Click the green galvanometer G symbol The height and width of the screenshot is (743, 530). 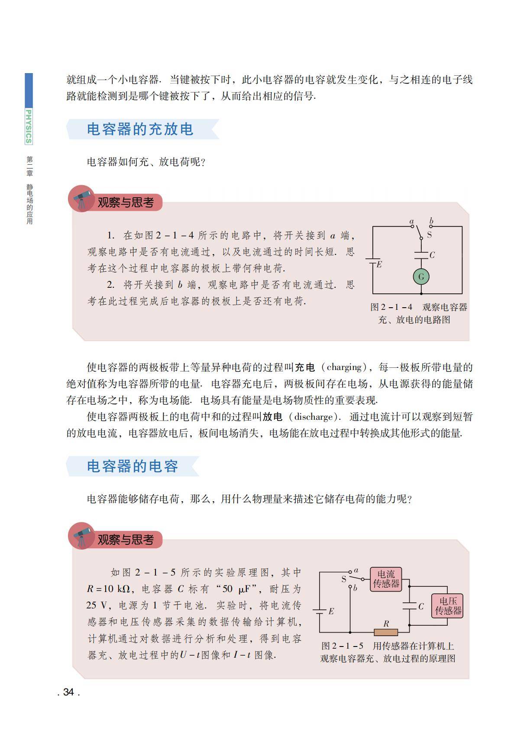[421, 277]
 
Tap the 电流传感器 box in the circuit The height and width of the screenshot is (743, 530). [386, 579]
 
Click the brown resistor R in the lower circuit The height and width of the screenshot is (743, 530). [385, 632]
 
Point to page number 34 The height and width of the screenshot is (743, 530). [68, 692]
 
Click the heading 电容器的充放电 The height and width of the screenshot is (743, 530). [140, 129]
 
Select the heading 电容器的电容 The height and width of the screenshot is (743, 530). [132, 466]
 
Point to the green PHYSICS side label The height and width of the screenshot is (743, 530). [29, 126]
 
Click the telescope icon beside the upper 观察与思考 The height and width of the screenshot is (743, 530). [82, 199]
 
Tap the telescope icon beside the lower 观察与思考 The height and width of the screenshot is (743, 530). [82, 536]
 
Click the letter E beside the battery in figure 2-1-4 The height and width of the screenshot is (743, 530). [379, 264]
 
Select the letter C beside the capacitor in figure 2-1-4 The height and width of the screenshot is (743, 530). [432, 255]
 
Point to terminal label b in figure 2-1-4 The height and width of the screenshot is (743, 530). [431, 222]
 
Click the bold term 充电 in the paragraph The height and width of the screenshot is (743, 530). [305, 367]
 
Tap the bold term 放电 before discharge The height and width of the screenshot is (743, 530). [272, 417]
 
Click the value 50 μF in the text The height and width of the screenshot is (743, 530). [234, 589]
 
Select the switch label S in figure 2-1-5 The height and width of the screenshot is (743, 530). [344, 579]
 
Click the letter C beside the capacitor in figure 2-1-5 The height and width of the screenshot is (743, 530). [421, 606]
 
